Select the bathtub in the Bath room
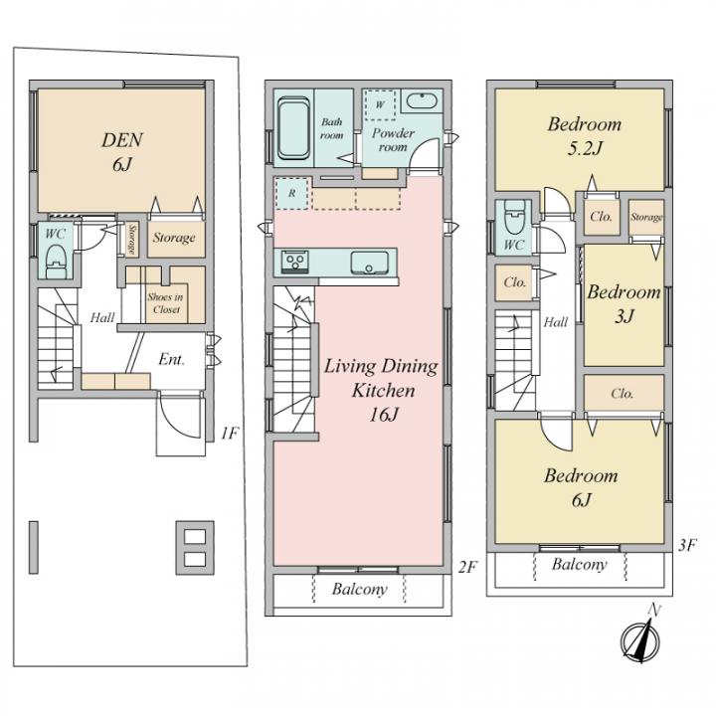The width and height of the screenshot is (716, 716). point(293,128)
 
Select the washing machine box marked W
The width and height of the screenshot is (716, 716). point(378,103)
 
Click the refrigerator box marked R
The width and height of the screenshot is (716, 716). point(290,194)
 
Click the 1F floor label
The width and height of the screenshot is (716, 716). point(229,433)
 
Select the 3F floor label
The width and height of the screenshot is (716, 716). point(687,544)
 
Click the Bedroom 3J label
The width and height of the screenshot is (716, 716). point(624,304)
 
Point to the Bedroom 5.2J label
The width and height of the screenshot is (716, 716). point(584,137)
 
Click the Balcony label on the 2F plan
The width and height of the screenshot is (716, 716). point(359,590)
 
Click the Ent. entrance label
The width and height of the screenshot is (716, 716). point(171,359)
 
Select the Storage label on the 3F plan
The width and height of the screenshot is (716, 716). point(645,217)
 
